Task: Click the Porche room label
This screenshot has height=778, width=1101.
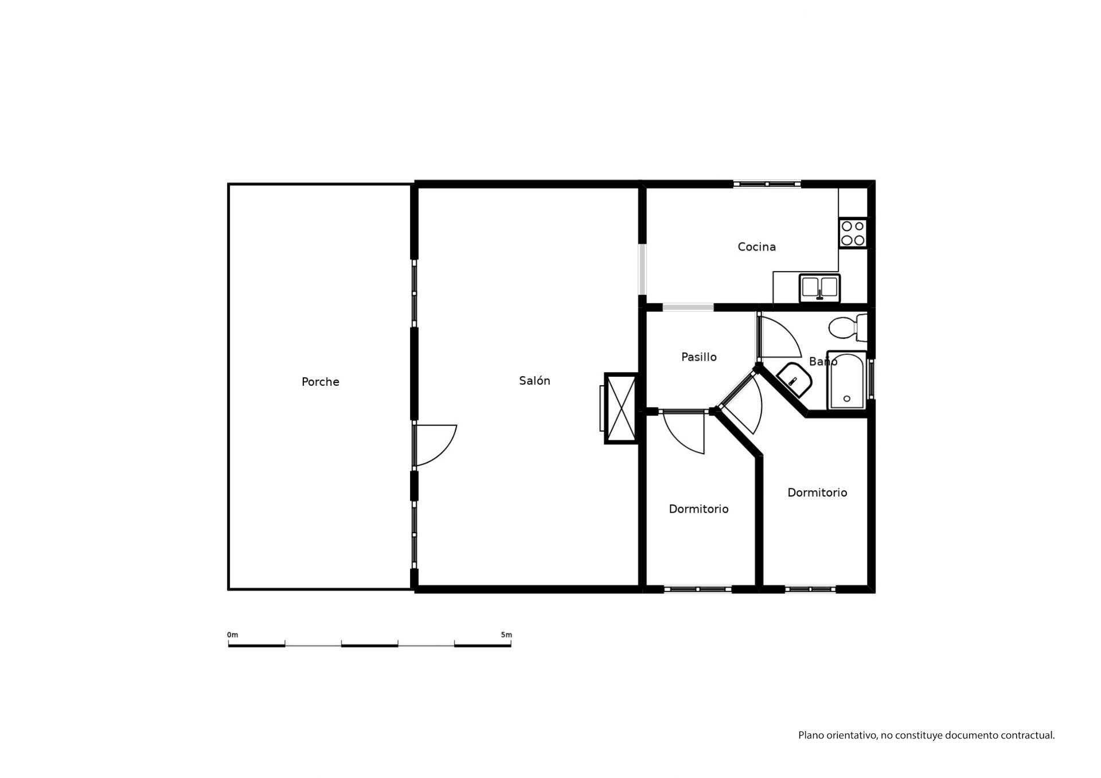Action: (x=320, y=382)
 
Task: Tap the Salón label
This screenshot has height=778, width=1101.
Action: (x=534, y=381)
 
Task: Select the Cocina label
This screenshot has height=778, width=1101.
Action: (x=756, y=247)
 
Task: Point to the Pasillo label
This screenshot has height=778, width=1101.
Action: (x=698, y=357)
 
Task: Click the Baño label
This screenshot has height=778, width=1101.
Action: (x=823, y=361)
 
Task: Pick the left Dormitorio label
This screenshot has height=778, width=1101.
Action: (x=698, y=509)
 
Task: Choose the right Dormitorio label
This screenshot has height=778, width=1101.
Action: (x=817, y=492)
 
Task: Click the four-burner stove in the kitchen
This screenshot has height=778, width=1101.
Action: (x=853, y=233)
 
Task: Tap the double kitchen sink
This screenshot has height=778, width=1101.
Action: (x=820, y=288)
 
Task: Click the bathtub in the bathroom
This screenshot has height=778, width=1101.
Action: (x=846, y=380)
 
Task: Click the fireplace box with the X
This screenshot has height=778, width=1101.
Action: (x=622, y=408)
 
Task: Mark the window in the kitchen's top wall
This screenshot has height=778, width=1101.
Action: (x=767, y=184)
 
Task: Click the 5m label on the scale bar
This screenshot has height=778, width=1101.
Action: (x=506, y=635)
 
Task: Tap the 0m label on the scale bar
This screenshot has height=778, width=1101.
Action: (x=232, y=635)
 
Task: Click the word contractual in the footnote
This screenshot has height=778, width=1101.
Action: (x=1028, y=735)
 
